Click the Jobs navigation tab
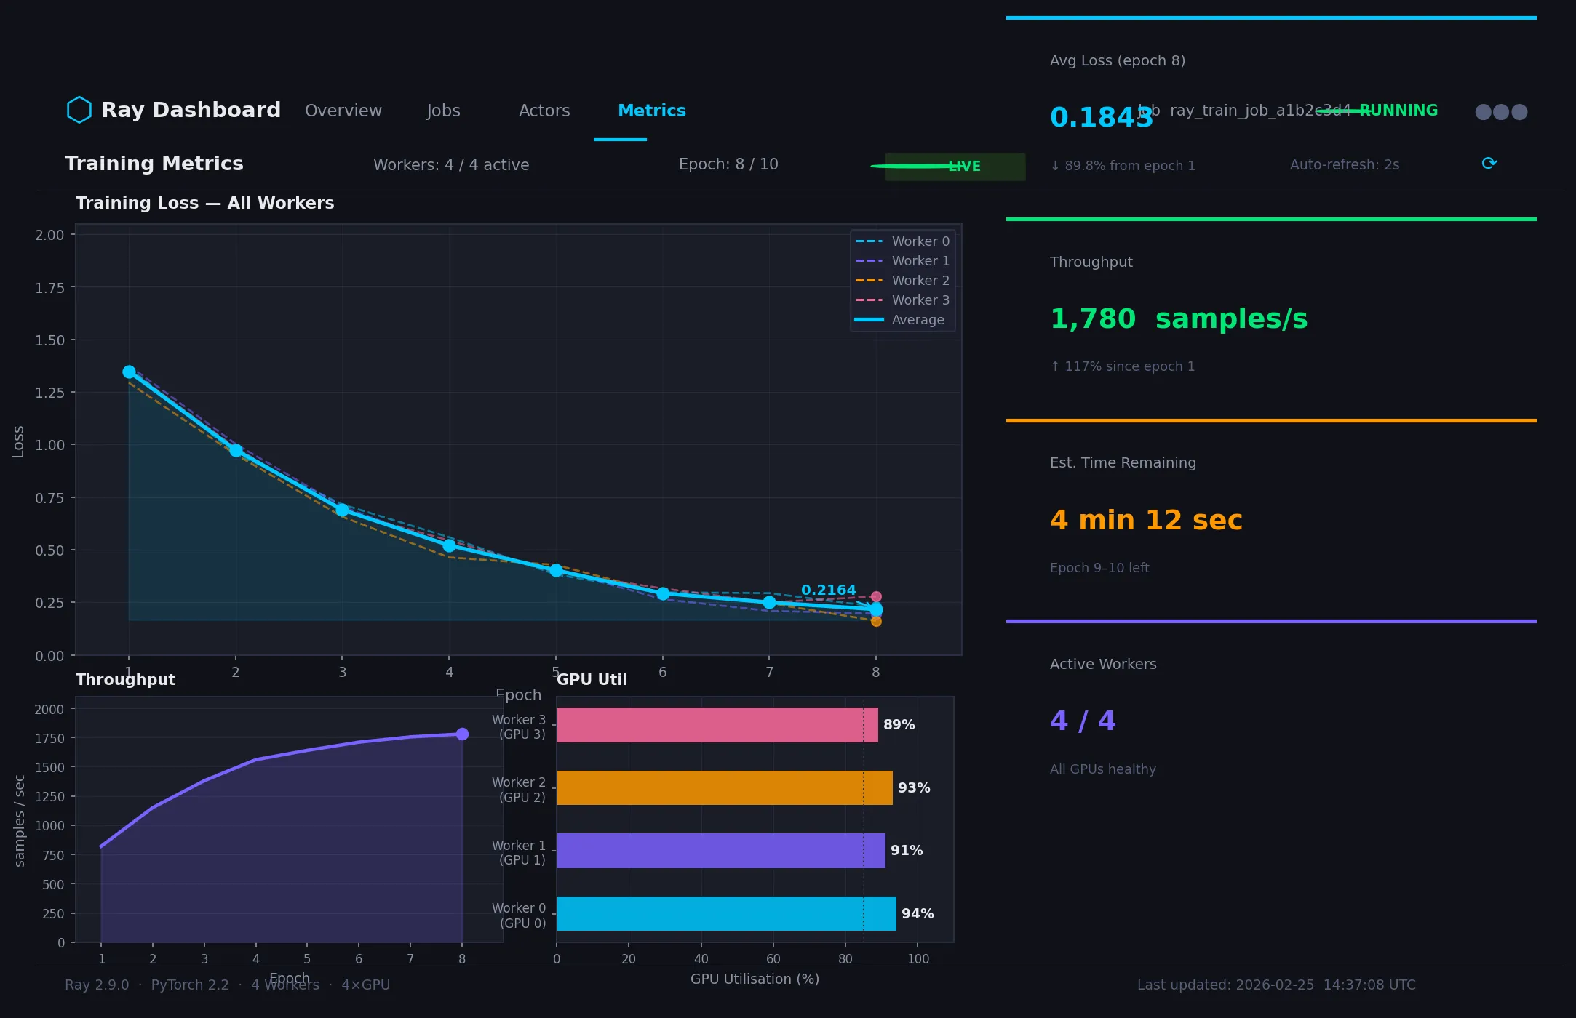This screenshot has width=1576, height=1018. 443,111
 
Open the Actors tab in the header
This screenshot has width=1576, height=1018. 544,111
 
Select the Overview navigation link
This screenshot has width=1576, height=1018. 343,111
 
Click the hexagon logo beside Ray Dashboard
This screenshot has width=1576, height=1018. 79,110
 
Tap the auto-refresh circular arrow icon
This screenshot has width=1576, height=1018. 1489,164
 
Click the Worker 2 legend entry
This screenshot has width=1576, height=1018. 902,281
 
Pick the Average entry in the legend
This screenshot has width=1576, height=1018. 902,320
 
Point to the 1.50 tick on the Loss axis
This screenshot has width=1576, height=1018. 49,340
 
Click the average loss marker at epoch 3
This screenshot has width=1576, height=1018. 342,510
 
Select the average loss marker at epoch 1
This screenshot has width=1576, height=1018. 129,372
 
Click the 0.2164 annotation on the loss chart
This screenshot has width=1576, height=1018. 828,590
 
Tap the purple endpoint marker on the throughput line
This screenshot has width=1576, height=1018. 462,734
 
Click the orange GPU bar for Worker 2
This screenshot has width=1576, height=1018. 724,787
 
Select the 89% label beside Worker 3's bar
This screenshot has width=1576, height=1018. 899,725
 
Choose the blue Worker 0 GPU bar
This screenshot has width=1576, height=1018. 725,913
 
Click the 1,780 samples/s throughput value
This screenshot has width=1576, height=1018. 1178,318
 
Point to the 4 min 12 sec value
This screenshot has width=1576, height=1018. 1146,520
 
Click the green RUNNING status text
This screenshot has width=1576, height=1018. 1398,111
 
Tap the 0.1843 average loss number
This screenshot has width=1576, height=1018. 1100,117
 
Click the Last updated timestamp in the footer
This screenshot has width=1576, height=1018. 1276,985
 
